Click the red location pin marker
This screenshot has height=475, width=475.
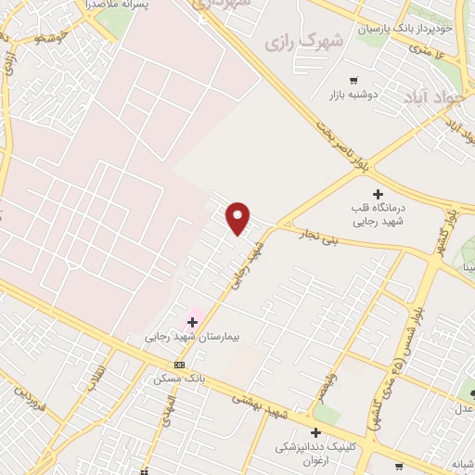238,217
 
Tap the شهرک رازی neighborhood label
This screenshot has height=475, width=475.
303,42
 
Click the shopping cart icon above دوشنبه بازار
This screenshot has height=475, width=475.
353,80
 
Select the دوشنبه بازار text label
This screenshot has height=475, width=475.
353,95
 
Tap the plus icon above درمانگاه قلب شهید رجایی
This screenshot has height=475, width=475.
378,193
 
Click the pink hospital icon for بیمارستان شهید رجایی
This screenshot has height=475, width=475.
193,322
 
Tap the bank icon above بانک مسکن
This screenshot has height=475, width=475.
179,365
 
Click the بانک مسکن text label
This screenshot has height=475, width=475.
180,379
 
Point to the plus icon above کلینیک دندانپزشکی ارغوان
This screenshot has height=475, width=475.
315,432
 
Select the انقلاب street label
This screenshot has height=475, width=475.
96,378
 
